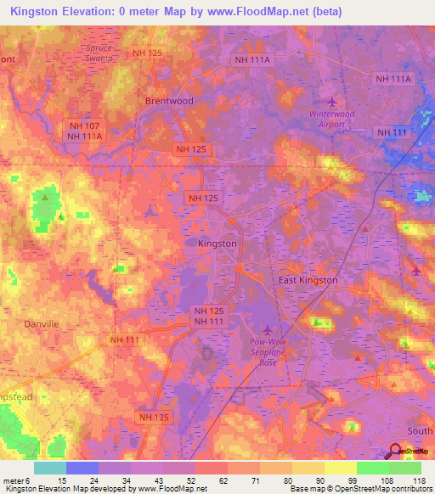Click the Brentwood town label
(x=169, y=100)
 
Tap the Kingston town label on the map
(x=217, y=243)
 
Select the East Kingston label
(x=308, y=279)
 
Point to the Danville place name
(x=41, y=324)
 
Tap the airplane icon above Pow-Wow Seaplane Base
(x=269, y=330)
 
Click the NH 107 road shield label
(x=85, y=126)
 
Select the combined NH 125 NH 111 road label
(x=207, y=317)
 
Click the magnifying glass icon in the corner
(x=397, y=453)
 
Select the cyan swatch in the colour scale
(x=49, y=468)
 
